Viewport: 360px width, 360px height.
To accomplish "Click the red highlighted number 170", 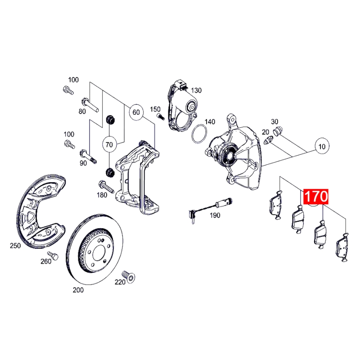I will coord(317,197).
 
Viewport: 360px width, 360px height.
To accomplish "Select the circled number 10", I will coord(321,147).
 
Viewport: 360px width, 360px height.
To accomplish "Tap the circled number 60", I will coord(136,112).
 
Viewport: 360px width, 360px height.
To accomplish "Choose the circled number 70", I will coord(109,145).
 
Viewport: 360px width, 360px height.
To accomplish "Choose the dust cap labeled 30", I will coord(278,130).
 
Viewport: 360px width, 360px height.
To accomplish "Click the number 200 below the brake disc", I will coord(78,290).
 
